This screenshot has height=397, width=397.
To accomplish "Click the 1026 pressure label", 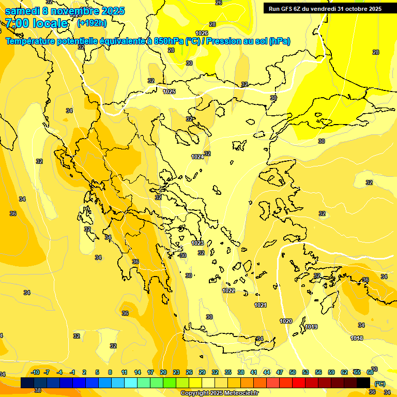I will (202, 34).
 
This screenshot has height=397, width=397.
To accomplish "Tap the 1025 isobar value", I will (169, 91).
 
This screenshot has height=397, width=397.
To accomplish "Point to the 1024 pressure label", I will (197, 157).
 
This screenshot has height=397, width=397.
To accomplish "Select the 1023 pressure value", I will (197, 243).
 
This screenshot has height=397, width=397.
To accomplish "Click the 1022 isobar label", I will (228, 291).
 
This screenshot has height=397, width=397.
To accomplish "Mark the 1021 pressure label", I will (261, 306).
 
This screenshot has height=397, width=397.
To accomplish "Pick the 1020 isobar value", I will (286, 321).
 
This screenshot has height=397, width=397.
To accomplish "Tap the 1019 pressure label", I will (311, 327).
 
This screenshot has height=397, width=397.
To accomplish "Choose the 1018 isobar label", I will (357, 338).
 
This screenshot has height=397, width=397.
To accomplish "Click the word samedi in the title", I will (21, 10).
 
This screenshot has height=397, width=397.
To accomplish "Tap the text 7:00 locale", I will (36, 23).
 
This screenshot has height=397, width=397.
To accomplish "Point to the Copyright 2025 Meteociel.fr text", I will (219, 393).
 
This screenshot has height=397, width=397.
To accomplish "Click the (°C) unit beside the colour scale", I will (380, 384).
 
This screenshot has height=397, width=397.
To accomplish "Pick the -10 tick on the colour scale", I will (35, 372).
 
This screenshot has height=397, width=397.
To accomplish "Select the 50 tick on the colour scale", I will (293, 372).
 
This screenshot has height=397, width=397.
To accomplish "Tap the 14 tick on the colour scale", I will (138, 372).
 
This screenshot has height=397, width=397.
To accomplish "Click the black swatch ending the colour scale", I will (363, 383).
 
